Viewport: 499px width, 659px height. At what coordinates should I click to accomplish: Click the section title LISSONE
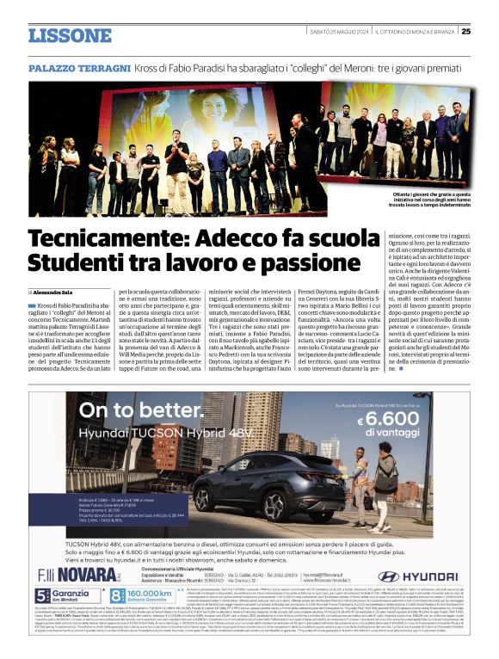(70, 34)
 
